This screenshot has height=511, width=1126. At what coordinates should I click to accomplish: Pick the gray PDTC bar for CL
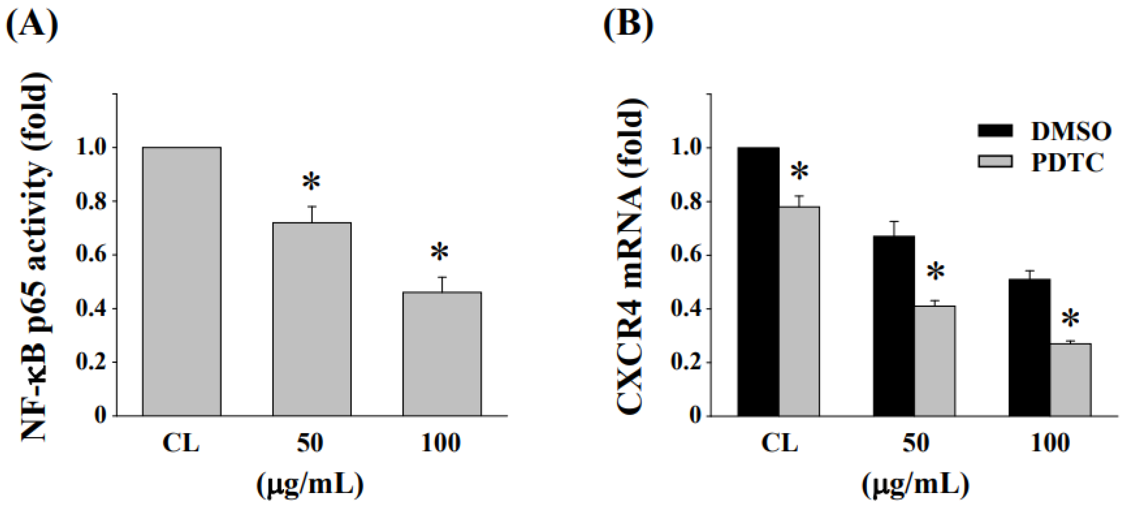[799, 311]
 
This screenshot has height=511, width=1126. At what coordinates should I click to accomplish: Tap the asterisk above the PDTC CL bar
[799, 172]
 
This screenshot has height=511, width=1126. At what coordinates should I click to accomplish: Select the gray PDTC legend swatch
[995, 161]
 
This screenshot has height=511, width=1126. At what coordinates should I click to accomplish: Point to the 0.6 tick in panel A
[92, 255]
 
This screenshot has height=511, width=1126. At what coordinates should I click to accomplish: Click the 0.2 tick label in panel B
[685, 363]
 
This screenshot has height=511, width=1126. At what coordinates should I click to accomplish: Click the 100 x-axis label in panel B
[1050, 443]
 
